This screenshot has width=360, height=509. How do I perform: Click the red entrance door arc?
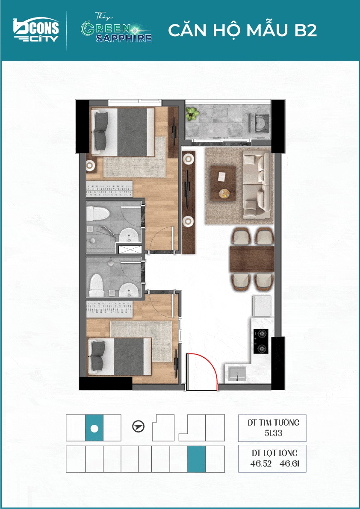210,360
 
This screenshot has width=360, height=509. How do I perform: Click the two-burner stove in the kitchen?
261,341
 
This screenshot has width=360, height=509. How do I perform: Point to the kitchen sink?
238,374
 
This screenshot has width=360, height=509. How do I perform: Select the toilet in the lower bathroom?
96,285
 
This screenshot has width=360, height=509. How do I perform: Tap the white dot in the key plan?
94,428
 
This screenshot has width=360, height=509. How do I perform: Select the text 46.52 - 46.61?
272,463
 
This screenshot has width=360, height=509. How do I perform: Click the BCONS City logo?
36,30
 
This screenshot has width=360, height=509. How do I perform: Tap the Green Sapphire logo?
116,29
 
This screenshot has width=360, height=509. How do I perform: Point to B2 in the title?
303,30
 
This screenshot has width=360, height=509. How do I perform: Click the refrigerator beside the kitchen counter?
262,306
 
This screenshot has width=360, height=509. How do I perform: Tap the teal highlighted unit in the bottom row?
196,459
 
